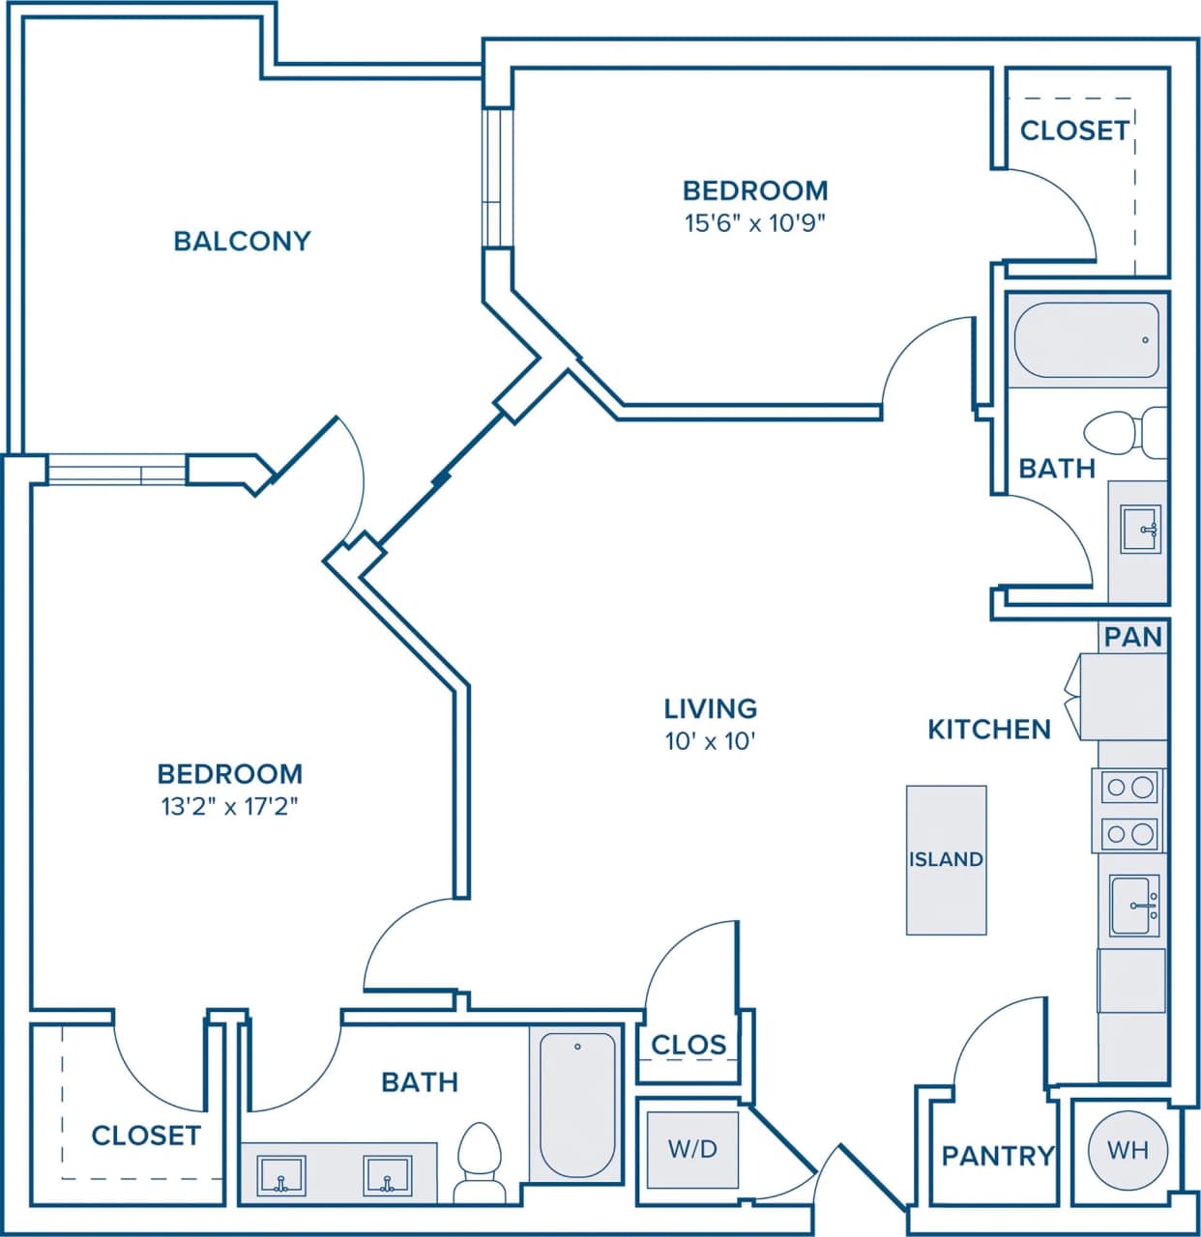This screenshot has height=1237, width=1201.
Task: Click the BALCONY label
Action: click(242, 241)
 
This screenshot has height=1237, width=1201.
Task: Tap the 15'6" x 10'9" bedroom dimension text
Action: click(754, 223)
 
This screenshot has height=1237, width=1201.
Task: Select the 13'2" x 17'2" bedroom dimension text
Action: click(229, 806)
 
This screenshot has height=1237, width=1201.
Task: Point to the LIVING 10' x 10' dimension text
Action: click(710, 741)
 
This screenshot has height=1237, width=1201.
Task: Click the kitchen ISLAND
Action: click(946, 859)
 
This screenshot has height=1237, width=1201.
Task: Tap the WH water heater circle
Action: click(1128, 1149)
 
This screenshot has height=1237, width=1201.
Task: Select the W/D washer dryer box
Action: click(692, 1149)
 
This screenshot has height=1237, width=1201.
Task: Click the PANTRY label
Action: click(997, 1155)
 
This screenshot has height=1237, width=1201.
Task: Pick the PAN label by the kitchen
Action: click(1132, 637)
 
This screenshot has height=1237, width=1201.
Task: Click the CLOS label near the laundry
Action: click(688, 1045)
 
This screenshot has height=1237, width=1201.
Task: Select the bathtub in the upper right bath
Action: click(1087, 340)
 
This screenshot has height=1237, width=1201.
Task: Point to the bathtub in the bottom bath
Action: click(577, 1105)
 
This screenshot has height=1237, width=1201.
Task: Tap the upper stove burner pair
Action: click(1129, 787)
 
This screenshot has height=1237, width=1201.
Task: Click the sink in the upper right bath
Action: click(1140, 530)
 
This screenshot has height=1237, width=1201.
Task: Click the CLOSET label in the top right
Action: click(1073, 130)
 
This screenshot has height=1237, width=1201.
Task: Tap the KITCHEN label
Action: click(988, 729)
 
